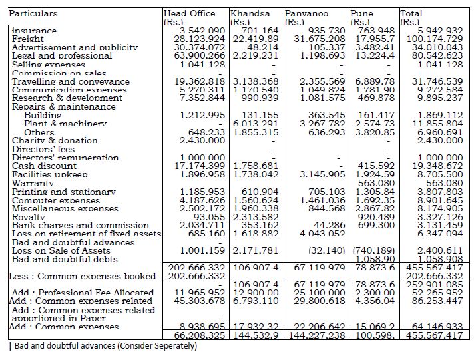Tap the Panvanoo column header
306,13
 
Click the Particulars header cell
33,13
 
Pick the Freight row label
29,39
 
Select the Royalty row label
29,217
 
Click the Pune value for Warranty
377,183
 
